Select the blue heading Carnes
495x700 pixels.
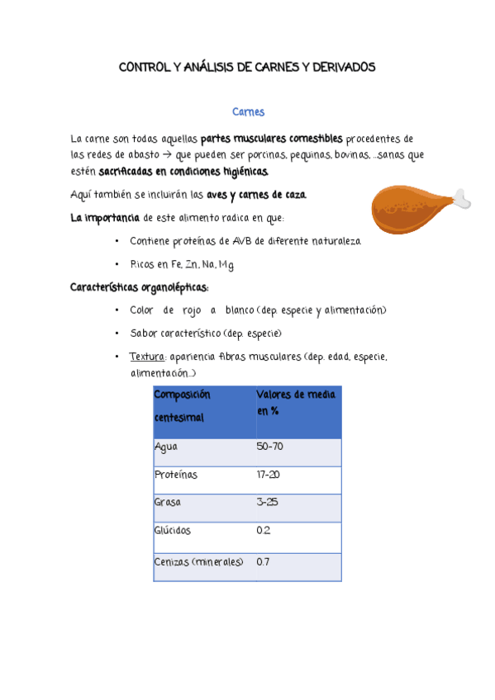[x=248, y=111]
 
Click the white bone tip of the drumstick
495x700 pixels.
[x=463, y=197]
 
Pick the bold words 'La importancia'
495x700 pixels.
[x=105, y=218]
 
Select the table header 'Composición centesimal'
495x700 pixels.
[x=183, y=406]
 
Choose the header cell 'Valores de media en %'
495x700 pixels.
[x=296, y=402]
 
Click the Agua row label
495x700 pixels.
[x=165, y=447]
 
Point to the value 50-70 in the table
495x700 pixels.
[x=270, y=447]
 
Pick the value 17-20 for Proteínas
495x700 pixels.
[x=269, y=475]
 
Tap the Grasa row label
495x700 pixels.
[x=168, y=502]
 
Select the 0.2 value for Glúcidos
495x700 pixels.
[x=264, y=530]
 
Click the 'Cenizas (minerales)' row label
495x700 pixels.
[x=199, y=561]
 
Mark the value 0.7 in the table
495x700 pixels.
[x=264, y=561]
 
